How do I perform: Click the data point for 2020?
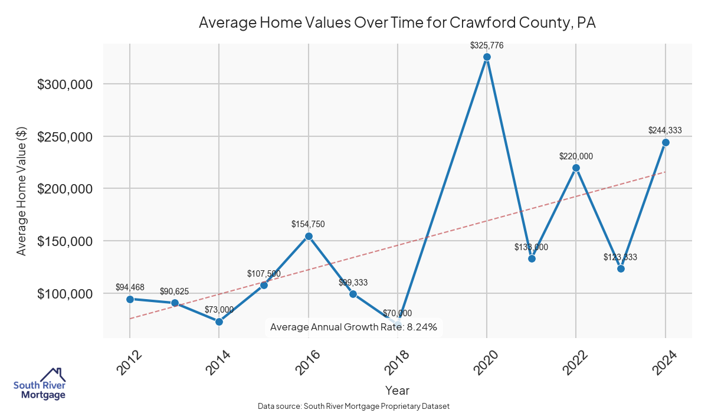[487, 57]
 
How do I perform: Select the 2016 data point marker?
[308, 236]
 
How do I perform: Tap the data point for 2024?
[666, 142]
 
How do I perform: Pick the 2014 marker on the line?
[219, 322]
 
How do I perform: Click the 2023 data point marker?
[621, 268]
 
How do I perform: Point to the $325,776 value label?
[487, 45]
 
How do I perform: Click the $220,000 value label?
[576, 156]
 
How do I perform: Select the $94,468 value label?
[130, 287]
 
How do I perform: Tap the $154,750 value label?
[308, 224]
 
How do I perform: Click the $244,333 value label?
[666, 130]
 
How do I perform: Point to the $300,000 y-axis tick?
[65, 84]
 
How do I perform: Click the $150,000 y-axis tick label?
[65, 241]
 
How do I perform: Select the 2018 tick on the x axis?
[398, 362]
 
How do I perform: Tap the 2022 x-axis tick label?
[576, 362]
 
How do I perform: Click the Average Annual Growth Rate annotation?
[353, 327]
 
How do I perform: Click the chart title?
[397, 23]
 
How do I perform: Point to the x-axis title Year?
[397, 390]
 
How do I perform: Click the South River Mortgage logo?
[40, 384]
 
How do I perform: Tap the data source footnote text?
[353, 406]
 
